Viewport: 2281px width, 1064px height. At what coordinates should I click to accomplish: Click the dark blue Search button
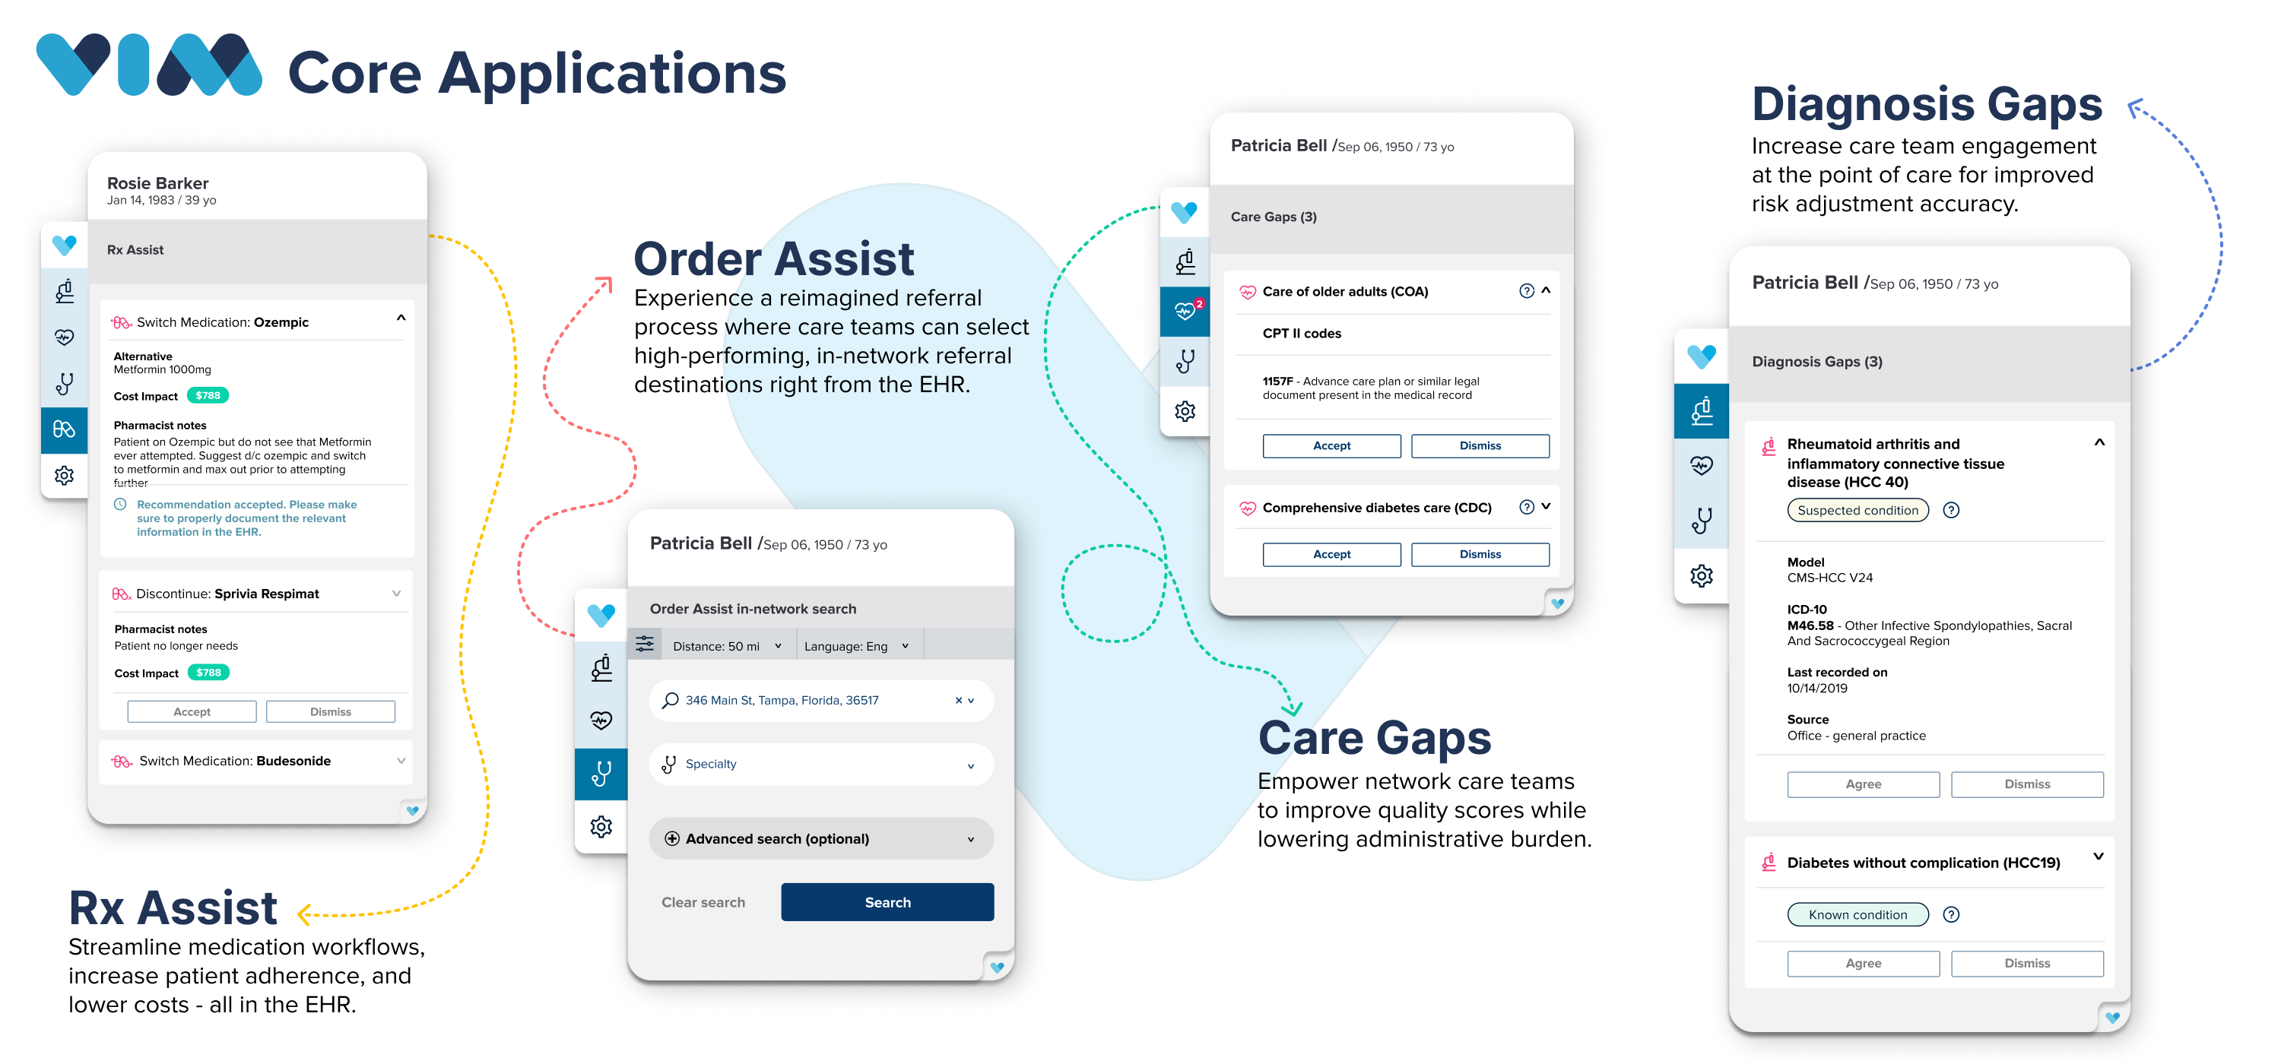point(887,901)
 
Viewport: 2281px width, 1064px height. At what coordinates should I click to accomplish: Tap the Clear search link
point(703,902)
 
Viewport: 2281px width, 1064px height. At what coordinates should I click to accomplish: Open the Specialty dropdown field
point(821,764)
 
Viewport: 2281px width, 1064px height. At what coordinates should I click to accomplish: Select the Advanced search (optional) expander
point(821,838)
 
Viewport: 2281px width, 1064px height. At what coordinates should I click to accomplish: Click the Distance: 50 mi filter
point(727,646)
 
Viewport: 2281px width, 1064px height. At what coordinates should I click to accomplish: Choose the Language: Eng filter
point(856,646)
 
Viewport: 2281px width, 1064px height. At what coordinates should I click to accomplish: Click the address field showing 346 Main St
point(821,700)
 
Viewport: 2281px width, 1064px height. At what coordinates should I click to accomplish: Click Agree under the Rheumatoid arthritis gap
point(1863,784)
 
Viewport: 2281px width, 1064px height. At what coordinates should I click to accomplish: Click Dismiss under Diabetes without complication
point(2027,963)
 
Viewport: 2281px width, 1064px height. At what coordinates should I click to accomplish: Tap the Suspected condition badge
point(1857,510)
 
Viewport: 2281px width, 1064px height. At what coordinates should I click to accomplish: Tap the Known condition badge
point(1857,914)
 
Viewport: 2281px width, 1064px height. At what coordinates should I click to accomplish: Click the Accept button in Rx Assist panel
point(192,711)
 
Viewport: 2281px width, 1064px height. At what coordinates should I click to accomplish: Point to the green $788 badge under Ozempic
point(208,396)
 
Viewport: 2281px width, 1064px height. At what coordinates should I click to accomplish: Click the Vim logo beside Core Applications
point(149,65)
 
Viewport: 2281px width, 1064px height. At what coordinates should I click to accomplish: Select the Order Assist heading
point(774,258)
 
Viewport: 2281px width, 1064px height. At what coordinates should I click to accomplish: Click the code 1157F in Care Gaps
point(1277,382)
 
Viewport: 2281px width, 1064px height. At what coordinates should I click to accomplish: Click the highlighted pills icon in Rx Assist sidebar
point(65,429)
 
